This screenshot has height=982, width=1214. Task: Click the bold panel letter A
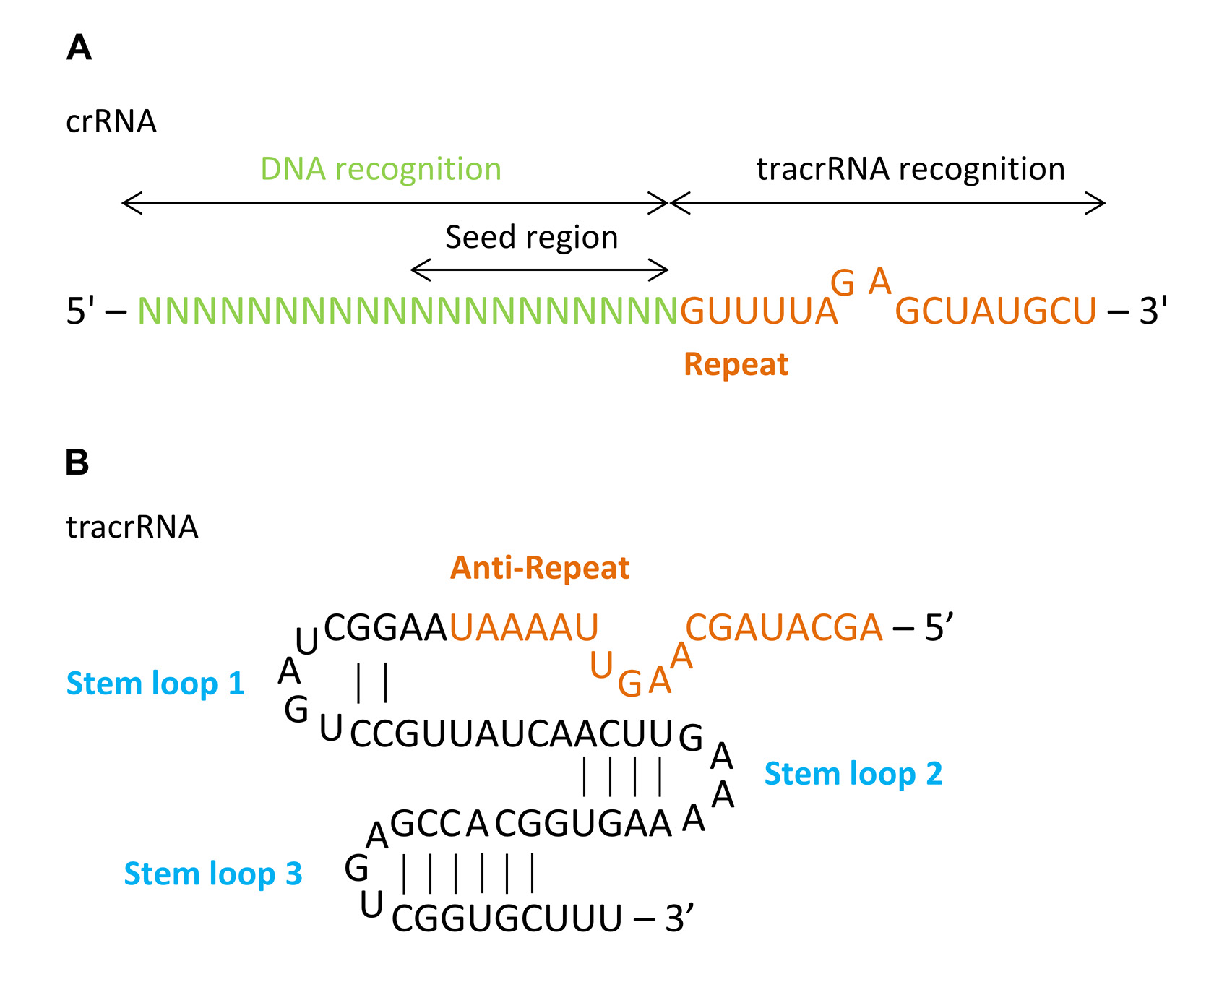(x=79, y=48)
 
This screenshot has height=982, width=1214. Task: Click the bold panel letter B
(x=77, y=462)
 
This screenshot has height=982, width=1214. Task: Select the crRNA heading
(x=111, y=121)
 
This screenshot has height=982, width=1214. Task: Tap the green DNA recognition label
(x=381, y=169)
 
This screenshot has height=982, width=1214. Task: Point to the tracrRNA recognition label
(x=910, y=169)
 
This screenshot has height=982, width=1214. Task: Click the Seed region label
(x=532, y=237)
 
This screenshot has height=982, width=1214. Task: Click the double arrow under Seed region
(x=539, y=270)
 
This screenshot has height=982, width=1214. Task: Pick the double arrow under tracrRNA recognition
(x=888, y=203)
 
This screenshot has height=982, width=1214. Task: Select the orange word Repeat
(x=736, y=364)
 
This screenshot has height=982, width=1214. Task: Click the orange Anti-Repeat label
(x=540, y=568)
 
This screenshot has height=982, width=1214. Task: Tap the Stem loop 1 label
(x=155, y=684)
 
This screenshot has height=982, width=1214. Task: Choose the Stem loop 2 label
(x=853, y=774)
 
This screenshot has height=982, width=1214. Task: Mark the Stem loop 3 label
(x=213, y=874)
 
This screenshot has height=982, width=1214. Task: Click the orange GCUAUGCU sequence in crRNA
(x=996, y=311)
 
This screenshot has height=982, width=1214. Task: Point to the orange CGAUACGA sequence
(x=784, y=628)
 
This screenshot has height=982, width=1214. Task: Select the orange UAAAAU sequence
(x=524, y=628)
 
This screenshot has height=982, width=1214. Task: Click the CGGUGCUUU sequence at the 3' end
(x=507, y=919)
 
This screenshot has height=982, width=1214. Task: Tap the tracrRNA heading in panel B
(x=132, y=527)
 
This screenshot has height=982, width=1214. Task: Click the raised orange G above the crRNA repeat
(x=843, y=283)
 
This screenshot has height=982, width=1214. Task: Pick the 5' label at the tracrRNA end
(x=939, y=628)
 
